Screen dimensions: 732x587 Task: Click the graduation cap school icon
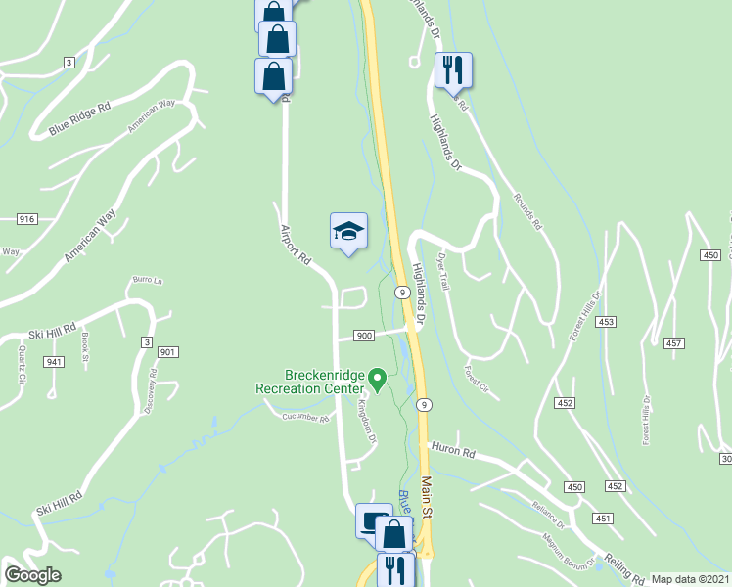coord(348,232)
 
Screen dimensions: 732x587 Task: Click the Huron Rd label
coord(453,453)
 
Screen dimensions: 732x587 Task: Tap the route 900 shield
coord(363,336)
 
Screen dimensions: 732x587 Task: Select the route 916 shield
coord(26,219)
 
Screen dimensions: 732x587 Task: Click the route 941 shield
coord(53,362)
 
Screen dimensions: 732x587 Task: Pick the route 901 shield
coord(166,352)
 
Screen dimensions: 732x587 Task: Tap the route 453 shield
coord(607,322)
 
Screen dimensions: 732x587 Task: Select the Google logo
coord(32,575)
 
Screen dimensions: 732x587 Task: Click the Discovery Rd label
coord(152,392)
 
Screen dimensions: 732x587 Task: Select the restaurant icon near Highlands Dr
coord(452,70)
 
